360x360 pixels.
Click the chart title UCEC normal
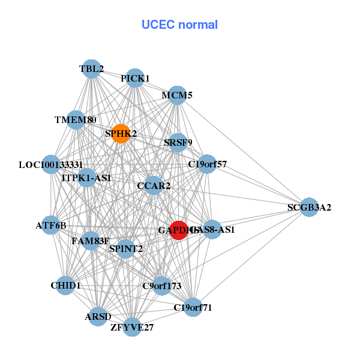pyautogui.click(x=179, y=25)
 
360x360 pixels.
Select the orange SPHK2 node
pyautogui.click(x=121, y=134)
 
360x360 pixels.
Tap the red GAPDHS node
pyautogui.click(x=179, y=230)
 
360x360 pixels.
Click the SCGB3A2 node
pyautogui.click(x=308, y=208)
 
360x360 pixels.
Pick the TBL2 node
pyautogui.click(x=91, y=69)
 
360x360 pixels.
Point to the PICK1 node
pyautogui.click(x=135, y=79)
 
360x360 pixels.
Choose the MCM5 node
pyautogui.click(x=177, y=95)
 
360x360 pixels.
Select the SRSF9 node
pyautogui.click(x=178, y=143)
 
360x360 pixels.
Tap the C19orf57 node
pyautogui.click(x=207, y=164)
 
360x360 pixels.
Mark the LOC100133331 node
pyautogui.click(x=51, y=164)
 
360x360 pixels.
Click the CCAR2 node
pyautogui.click(x=154, y=186)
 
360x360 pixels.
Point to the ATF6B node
pyautogui.click(x=51, y=226)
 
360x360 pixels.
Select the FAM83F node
pyautogui.click(x=91, y=242)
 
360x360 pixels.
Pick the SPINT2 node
pyautogui.click(x=125, y=248)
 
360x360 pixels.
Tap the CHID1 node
pyautogui.click(x=65, y=286)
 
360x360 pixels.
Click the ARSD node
pyautogui.click(x=98, y=316)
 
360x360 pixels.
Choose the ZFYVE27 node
pyautogui.click(x=132, y=327)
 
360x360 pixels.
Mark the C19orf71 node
pyautogui.click(x=193, y=308)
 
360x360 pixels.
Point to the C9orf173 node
pyautogui.click(x=161, y=286)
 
